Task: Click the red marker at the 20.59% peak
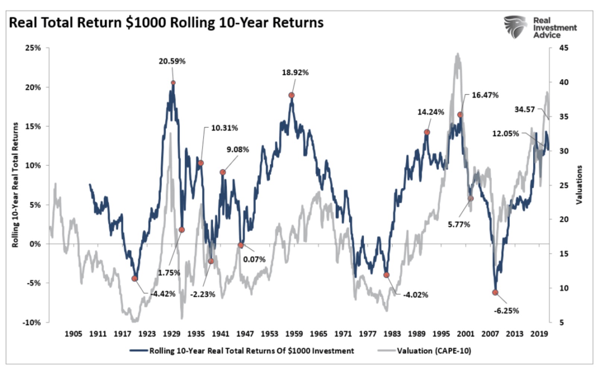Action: [173, 83]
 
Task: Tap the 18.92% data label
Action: [295, 73]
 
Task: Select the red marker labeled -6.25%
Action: [495, 293]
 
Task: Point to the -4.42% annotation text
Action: [163, 294]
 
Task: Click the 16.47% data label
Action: [485, 95]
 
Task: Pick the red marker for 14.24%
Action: [427, 132]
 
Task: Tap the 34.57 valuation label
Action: [524, 110]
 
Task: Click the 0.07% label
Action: [254, 259]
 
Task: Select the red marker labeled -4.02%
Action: [386, 275]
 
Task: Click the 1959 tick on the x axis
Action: [294, 334]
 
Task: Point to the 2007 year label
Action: [490, 334]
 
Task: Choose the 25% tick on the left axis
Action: [33, 48]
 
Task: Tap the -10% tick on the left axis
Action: [32, 323]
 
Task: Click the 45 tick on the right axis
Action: [564, 48]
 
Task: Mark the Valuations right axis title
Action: [579, 185]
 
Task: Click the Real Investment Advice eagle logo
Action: [515, 27]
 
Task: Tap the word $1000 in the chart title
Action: [146, 23]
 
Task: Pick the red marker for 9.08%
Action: [223, 172]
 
